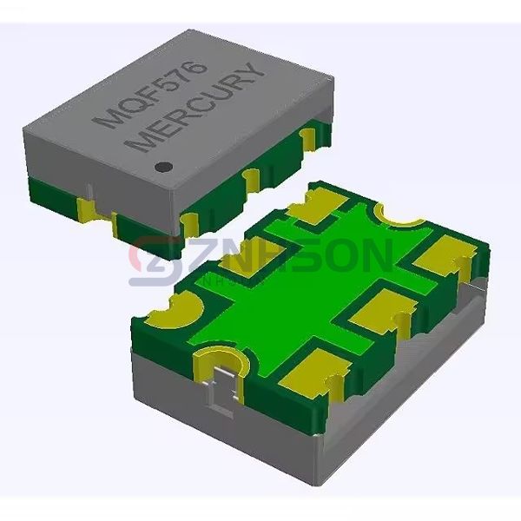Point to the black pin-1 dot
162,163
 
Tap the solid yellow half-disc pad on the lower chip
175,311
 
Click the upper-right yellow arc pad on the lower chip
399,213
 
